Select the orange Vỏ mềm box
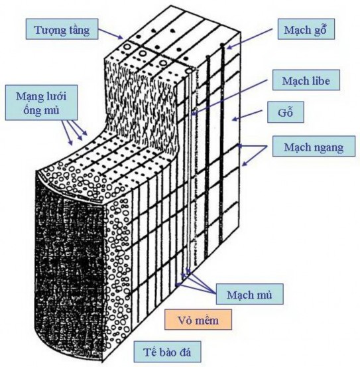click(199, 321)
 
